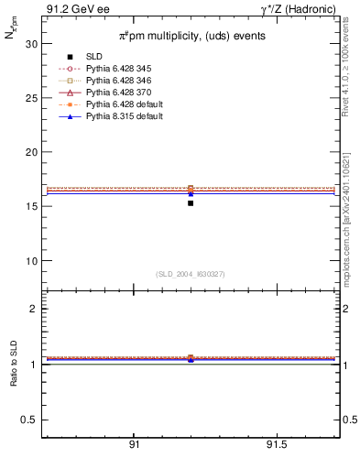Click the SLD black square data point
(x=191, y=202)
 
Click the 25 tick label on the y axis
(x=31, y=98)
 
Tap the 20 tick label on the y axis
(x=31, y=152)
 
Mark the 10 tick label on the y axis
(x=31, y=261)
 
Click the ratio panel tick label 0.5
(x=29, y=420)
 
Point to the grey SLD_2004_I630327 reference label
(x=191, y=274)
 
